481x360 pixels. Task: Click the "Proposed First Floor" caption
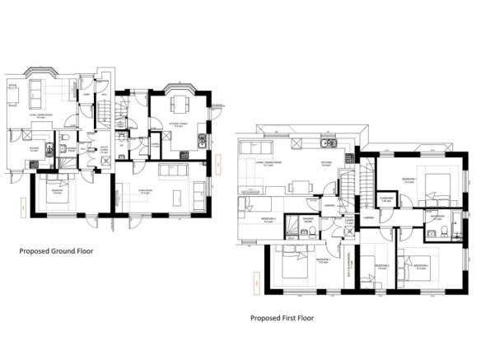tap(284, 316)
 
